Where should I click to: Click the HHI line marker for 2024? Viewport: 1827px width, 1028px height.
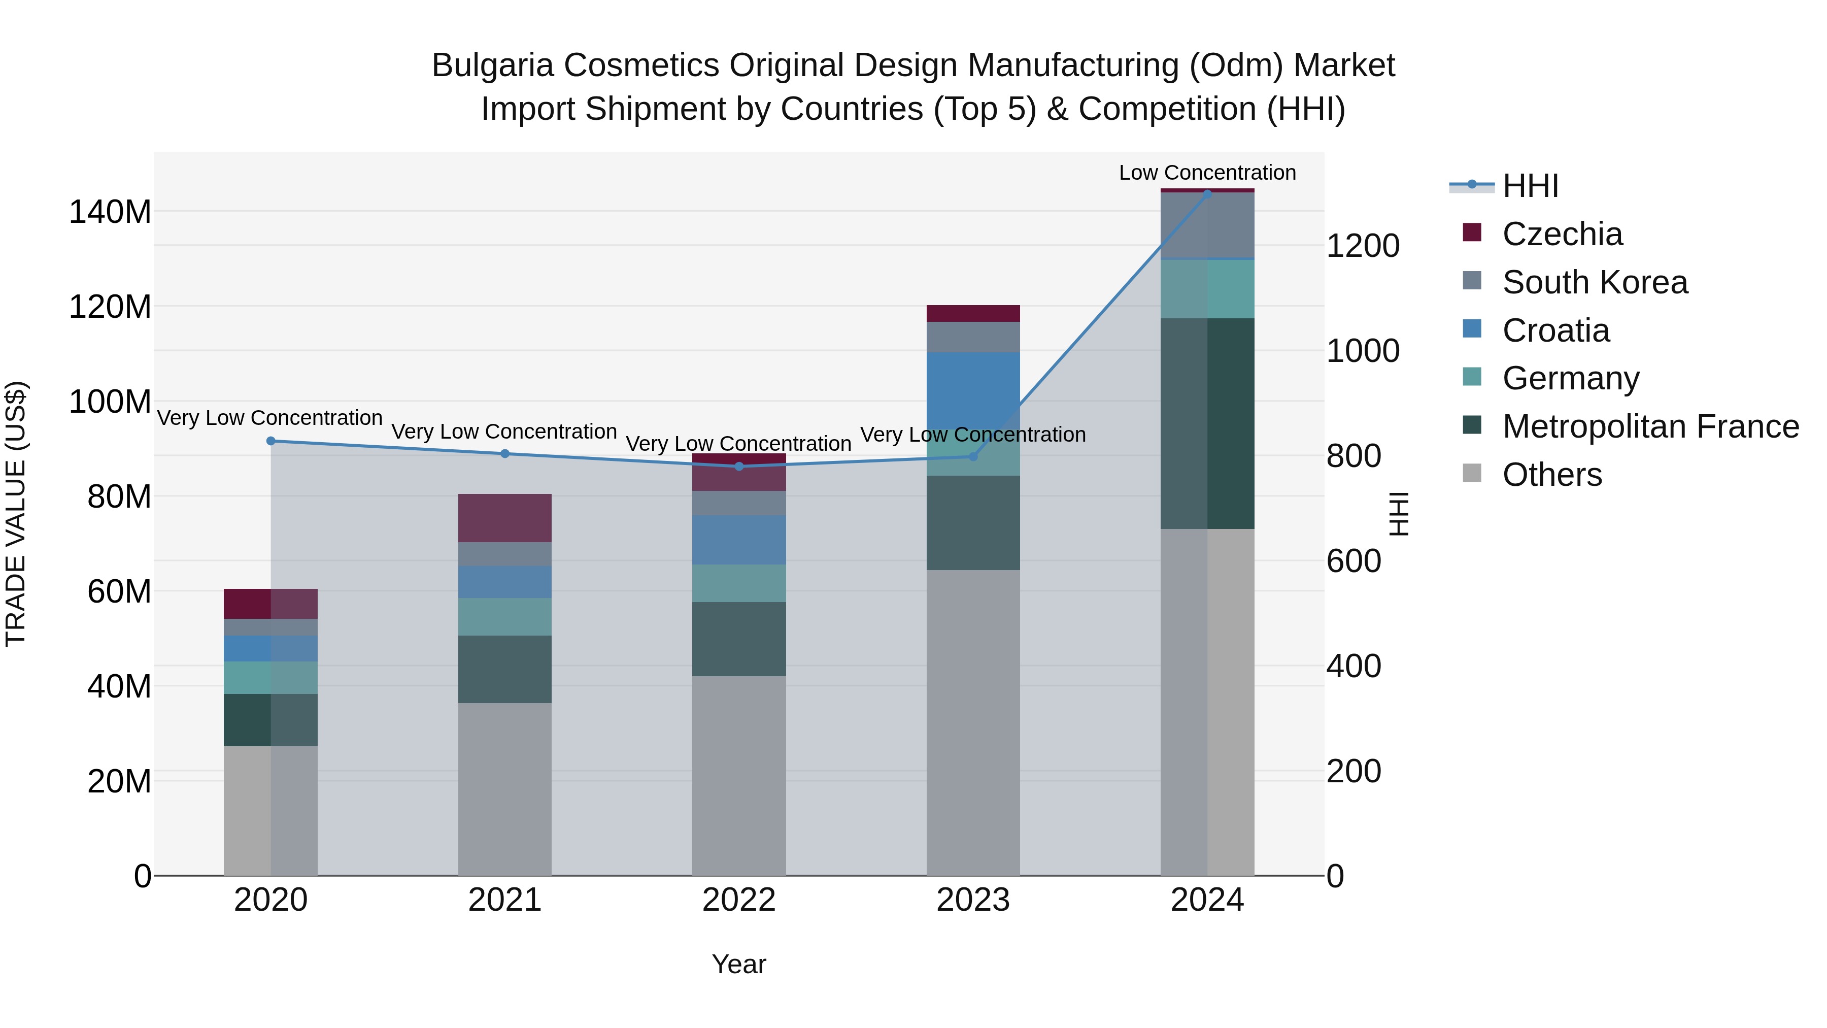click(1207, 194)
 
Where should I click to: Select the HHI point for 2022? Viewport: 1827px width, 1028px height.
click(739, 466)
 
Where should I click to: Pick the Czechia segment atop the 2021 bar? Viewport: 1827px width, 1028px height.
click(504, 517)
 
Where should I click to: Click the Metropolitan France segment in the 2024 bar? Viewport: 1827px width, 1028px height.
click(1207, 423)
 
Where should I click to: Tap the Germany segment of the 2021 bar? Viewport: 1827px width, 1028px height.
click(504, 616)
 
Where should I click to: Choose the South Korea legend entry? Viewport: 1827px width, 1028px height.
click(1595, 282)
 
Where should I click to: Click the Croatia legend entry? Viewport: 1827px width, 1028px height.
click(1555, 330)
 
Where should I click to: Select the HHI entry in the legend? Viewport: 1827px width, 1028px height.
click(1530, 186)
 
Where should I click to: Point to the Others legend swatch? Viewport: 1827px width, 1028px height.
click(1472, 473)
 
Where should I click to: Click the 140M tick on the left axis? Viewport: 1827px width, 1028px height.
click(110, 212)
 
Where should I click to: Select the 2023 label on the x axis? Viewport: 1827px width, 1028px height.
click(972, 900)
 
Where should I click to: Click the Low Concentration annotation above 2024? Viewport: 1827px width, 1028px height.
click(1207, 173)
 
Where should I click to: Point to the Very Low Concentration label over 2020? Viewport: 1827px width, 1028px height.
click(269, 418)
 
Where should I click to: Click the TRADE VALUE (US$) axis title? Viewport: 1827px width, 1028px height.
click(16, 514)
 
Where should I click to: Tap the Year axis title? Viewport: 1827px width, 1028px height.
click(738, 964)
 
